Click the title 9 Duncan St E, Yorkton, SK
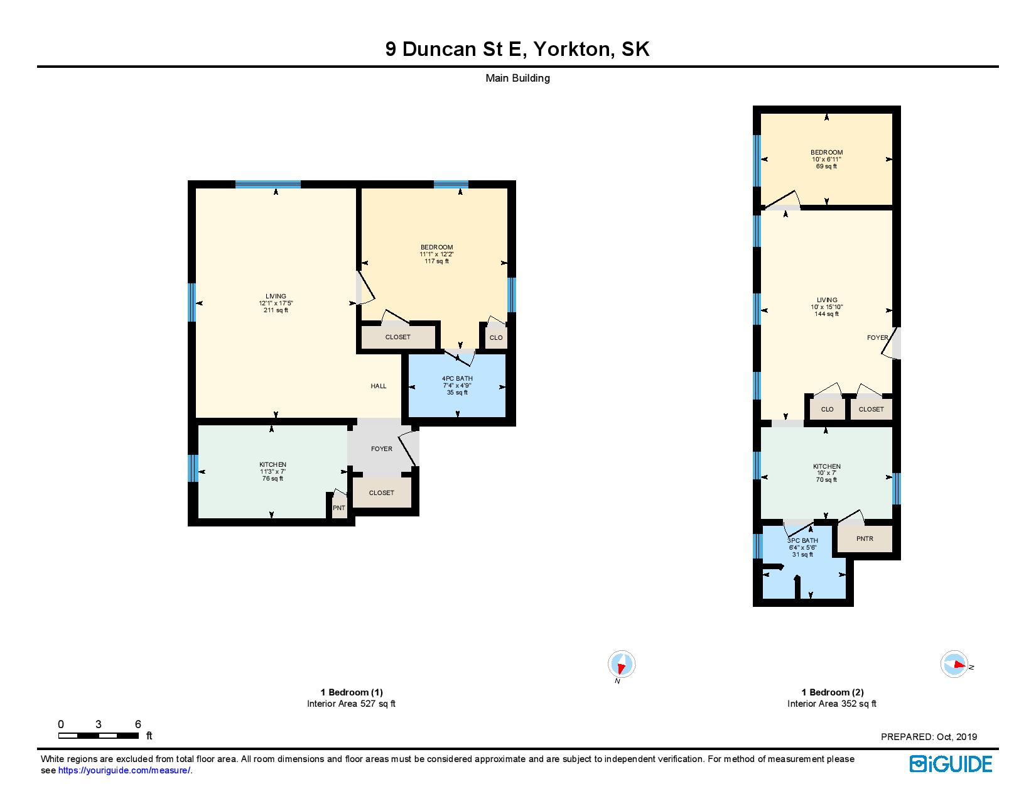[517, 49]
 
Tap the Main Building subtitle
[518, 79]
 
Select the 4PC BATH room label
[457, 378]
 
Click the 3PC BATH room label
[802, 540]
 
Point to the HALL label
[379, 386]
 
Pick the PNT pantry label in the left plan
[339, 508]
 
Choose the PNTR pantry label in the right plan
[865, 538]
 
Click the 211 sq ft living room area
[276, 310]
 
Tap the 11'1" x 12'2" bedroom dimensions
[437, 254]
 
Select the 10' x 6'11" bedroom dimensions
[827, 160]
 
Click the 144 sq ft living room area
[827, 314]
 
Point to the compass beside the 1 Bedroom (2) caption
[954, 663]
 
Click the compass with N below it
[621, 663]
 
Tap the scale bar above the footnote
[99, 736]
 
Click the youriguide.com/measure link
[124, 770]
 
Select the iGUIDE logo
[951, 764]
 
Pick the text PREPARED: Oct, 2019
[929, 737]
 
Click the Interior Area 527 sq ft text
[352, 704]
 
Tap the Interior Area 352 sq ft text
[832, 704]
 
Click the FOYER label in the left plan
[382, 449]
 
